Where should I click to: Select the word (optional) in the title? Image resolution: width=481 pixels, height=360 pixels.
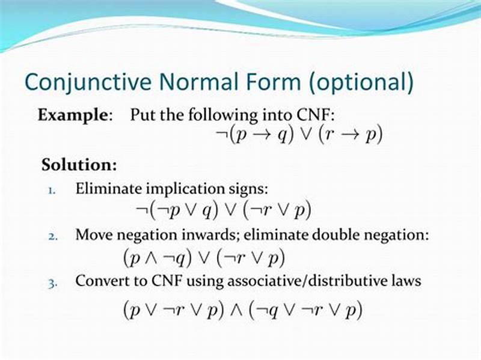[x=362, y=82]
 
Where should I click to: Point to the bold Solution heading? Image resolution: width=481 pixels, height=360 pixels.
[x=79, y=164]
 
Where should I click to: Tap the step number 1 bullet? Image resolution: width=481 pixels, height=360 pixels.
[x=52, y=189]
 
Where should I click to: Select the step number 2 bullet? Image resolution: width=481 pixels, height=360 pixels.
[x=52, y=236]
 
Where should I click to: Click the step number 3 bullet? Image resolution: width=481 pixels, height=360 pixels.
[x=52, y=281]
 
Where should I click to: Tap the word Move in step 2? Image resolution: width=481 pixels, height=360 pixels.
[x=93, y=235]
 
